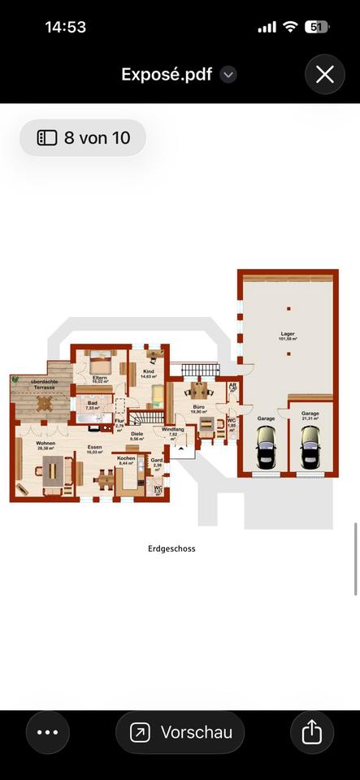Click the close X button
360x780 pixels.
[x=325, y=75]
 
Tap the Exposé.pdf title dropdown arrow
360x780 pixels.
[x=229, y=75]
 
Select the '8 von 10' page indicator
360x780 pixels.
[x=83, y=138]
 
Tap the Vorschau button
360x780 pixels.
[x=180, y=732]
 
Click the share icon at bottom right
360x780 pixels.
[x=312, y=732]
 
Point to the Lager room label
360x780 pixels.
[x=288, y=335]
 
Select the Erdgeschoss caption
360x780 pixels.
[x=171, y=548]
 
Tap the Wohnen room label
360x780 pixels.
[x=46, y=444]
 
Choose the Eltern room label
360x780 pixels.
[x=100, y=379]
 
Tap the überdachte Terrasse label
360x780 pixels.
[x=43, y=384]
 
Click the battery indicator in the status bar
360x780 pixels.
[x=316, y=27]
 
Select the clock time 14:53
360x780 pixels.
[x=65, y=27]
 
